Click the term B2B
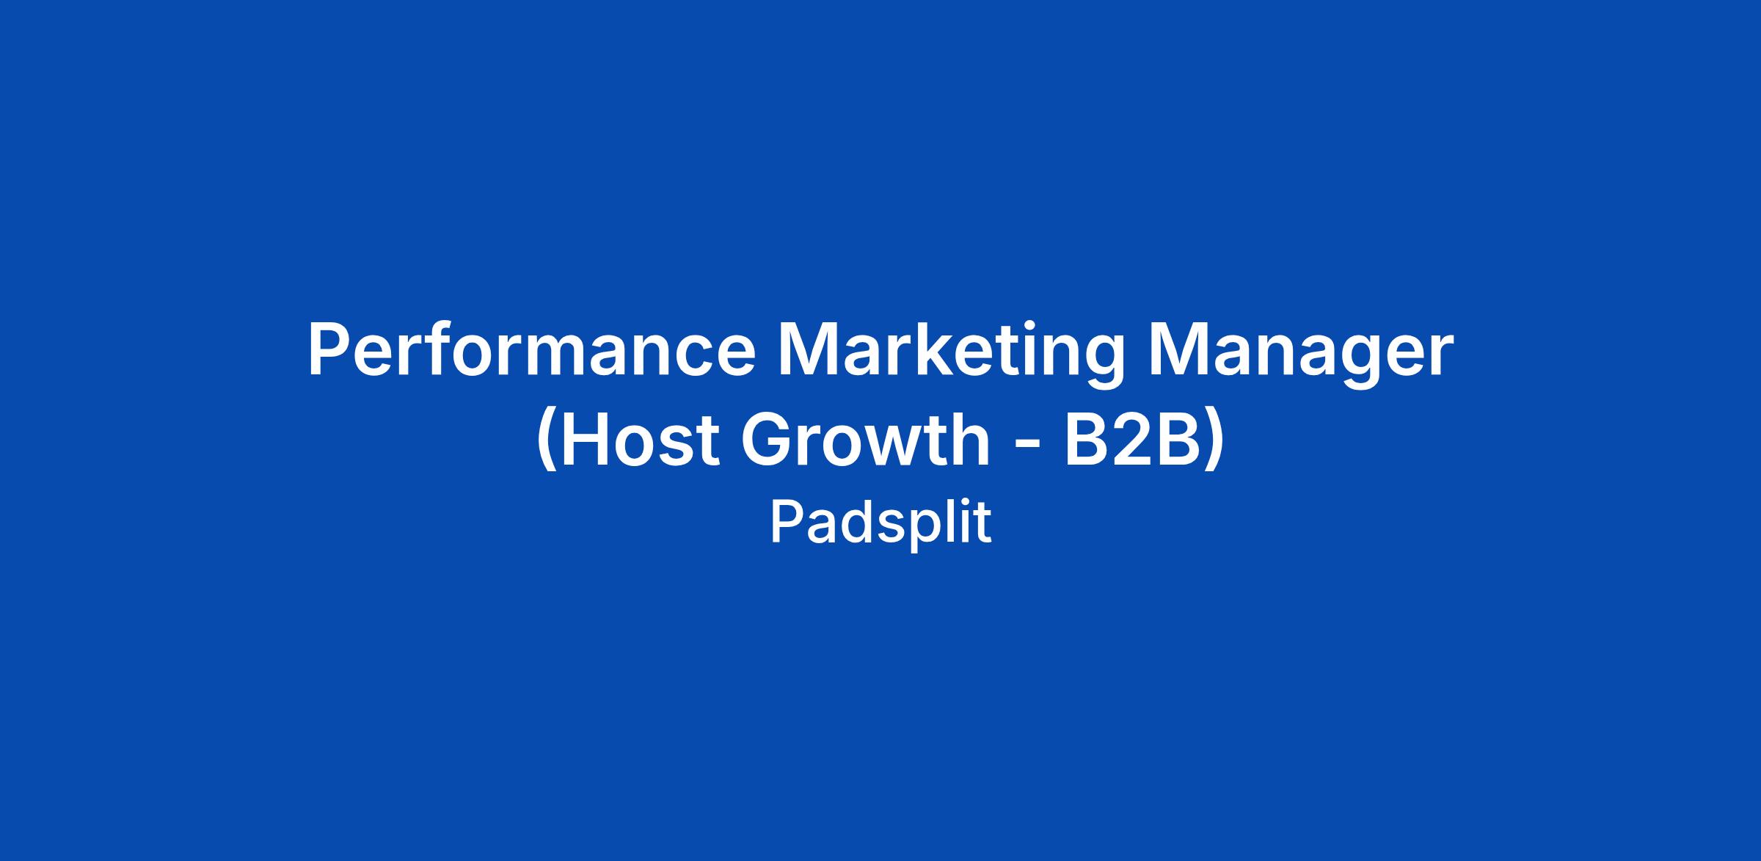point(1132,440)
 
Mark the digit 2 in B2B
point(1131,439)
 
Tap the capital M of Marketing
point(808,351)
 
